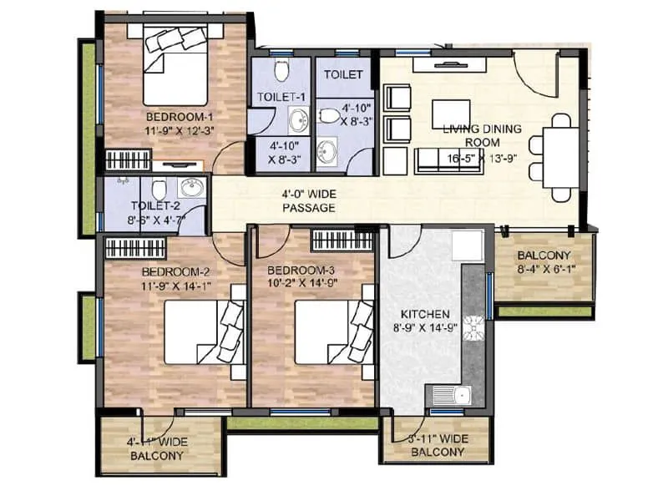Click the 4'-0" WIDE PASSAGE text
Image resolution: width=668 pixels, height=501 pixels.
(x=309, y=200)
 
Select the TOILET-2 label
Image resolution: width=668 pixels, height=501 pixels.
(x=155, y=205)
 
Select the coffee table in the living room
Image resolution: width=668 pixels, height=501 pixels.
(x=451, y=113)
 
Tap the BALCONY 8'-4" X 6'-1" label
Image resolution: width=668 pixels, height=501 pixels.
(x=544, y=262)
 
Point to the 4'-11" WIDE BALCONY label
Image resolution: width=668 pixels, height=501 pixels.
(x=157, y=449)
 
